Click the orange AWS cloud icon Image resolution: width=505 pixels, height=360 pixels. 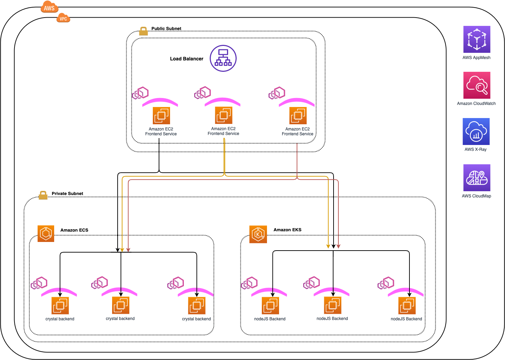[49, 7]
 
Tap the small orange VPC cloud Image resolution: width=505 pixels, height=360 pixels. [63, 18]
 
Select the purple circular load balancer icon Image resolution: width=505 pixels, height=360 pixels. [223, 58]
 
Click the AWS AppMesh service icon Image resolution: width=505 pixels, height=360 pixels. [477, 39]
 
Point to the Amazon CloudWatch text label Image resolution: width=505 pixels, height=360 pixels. [476, 104]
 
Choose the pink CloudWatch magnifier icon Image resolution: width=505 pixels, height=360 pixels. [477, 85]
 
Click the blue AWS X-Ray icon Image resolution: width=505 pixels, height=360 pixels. [476, 132]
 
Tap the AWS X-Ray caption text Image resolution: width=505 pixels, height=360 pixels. [475, 149]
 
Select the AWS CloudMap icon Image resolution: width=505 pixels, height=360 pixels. [477, 178]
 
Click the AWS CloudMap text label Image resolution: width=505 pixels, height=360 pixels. [476, 196]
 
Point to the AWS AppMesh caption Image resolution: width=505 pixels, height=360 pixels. [476, 58]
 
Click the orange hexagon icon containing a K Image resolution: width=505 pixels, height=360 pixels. [258, 234]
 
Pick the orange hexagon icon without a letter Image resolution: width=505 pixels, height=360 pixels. [46, 234]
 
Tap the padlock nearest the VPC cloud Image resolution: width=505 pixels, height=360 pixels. [143, 31]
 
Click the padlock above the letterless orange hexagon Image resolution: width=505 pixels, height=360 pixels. [43, 195]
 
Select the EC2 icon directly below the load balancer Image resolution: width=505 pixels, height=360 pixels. [224, 115]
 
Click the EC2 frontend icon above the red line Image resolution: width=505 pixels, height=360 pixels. [298, 116]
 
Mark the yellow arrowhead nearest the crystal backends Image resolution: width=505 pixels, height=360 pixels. [122, 250]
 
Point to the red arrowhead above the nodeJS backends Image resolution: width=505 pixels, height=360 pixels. [338, 246]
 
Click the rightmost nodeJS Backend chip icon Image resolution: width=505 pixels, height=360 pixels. [407, 306]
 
